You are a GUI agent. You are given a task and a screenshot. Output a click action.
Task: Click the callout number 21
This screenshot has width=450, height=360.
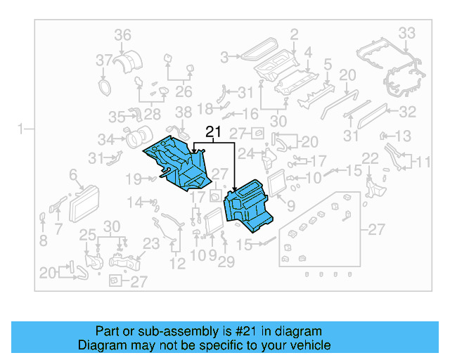coord(213,131)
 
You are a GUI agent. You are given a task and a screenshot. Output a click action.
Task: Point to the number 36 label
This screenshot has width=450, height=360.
coord(122,35)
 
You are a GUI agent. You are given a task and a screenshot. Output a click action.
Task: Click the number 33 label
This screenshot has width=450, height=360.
coord(408,33)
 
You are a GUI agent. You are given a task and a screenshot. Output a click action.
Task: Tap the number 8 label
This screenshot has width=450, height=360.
coord(43,240)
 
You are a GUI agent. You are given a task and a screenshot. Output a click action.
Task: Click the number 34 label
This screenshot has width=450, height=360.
coord(106,139)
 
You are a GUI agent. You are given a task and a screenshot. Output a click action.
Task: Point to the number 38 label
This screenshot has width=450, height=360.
coord(183,112)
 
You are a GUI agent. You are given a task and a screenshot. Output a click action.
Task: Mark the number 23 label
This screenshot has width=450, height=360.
coord(151,244)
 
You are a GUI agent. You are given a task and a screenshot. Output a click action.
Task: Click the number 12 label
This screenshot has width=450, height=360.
coord(177,264)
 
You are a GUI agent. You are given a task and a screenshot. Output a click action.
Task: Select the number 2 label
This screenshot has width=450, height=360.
coord(294,34)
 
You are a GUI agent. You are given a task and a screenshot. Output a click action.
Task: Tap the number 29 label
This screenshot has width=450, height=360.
coord(225,262)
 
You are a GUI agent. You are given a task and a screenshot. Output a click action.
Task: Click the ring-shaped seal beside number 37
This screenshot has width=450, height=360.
coord(105,86)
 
